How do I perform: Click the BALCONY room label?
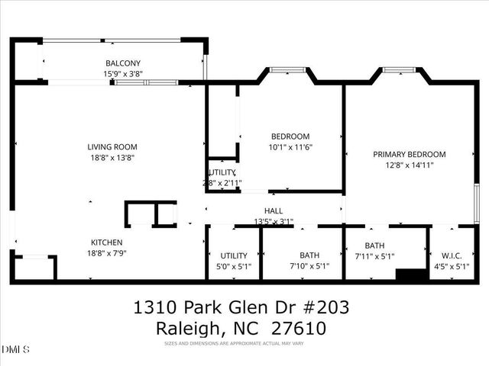coord(123,63)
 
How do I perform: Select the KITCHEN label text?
coord(106,242)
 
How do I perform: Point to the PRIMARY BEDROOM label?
coord(409,154)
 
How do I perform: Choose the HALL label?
coord(274,211)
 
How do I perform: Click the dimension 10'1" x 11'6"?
coord(290,147)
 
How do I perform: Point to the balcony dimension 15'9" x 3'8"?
coord(123,74)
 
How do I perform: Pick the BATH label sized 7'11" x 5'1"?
coord(374,246)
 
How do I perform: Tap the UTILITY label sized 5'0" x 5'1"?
coord(234,255)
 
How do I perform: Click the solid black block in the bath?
coord(410,274)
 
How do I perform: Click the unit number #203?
coord(325,307)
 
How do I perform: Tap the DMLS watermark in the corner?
coord(15,349)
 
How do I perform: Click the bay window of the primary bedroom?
coord(397,70)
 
